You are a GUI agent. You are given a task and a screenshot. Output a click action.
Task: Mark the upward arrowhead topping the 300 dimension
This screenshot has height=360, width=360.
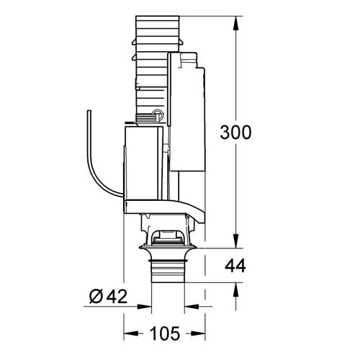(x=237, y=18)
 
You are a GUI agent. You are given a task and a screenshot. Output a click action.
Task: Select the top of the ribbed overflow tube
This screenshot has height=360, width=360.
(x=153, y=18)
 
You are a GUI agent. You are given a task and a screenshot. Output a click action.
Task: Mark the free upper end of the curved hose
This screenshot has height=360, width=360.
(x=87, y=113)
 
